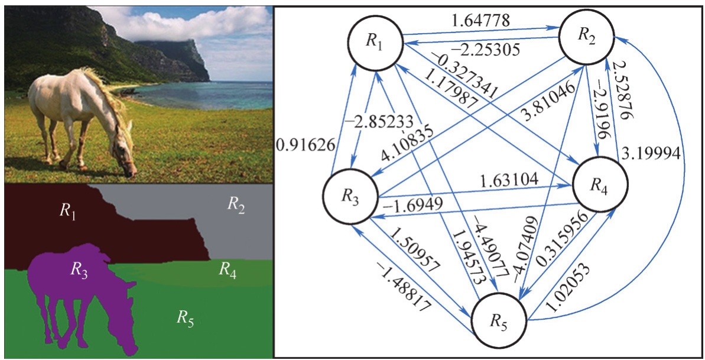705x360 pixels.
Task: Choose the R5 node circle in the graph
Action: coord(499,323)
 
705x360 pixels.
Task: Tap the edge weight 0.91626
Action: coord(306,145)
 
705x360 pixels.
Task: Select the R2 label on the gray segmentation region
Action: coord(236,205)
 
